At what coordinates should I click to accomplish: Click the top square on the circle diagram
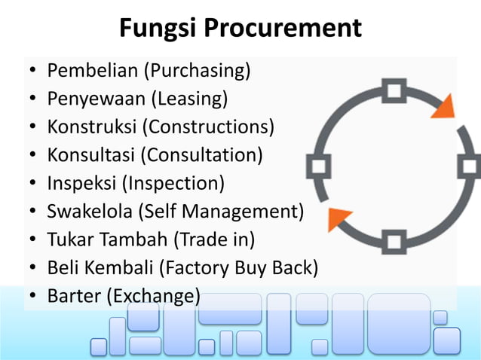pyautogui.click(x=393, y=91)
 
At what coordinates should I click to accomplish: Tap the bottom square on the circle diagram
pyautogui.click(x=393, y=243)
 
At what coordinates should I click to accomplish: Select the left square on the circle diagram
pyautogui.click(x=317, y=166)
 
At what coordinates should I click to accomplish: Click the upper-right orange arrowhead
pyautogui.click(x=443, y=108)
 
